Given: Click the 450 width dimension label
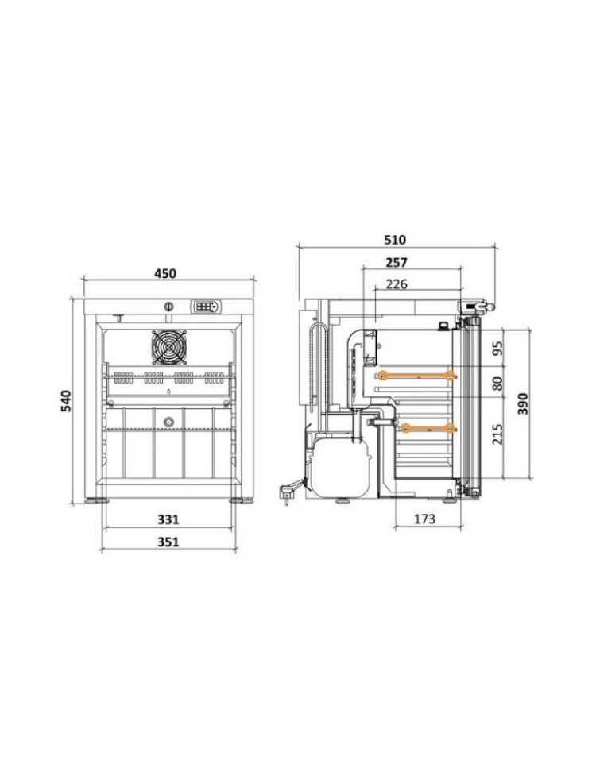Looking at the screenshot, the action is point(165,273).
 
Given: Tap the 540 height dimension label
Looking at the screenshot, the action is point(66,401).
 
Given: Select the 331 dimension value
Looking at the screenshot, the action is point(168,519).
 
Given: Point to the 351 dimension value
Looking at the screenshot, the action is point(168,542).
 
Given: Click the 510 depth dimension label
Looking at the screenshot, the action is point(395,240).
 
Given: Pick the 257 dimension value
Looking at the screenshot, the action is point(396,262).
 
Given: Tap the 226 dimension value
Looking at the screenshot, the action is point(396,284).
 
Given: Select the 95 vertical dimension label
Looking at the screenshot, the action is point(497,348).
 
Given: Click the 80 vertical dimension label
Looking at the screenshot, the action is point(497,383).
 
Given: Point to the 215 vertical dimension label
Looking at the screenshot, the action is point(497,433).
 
